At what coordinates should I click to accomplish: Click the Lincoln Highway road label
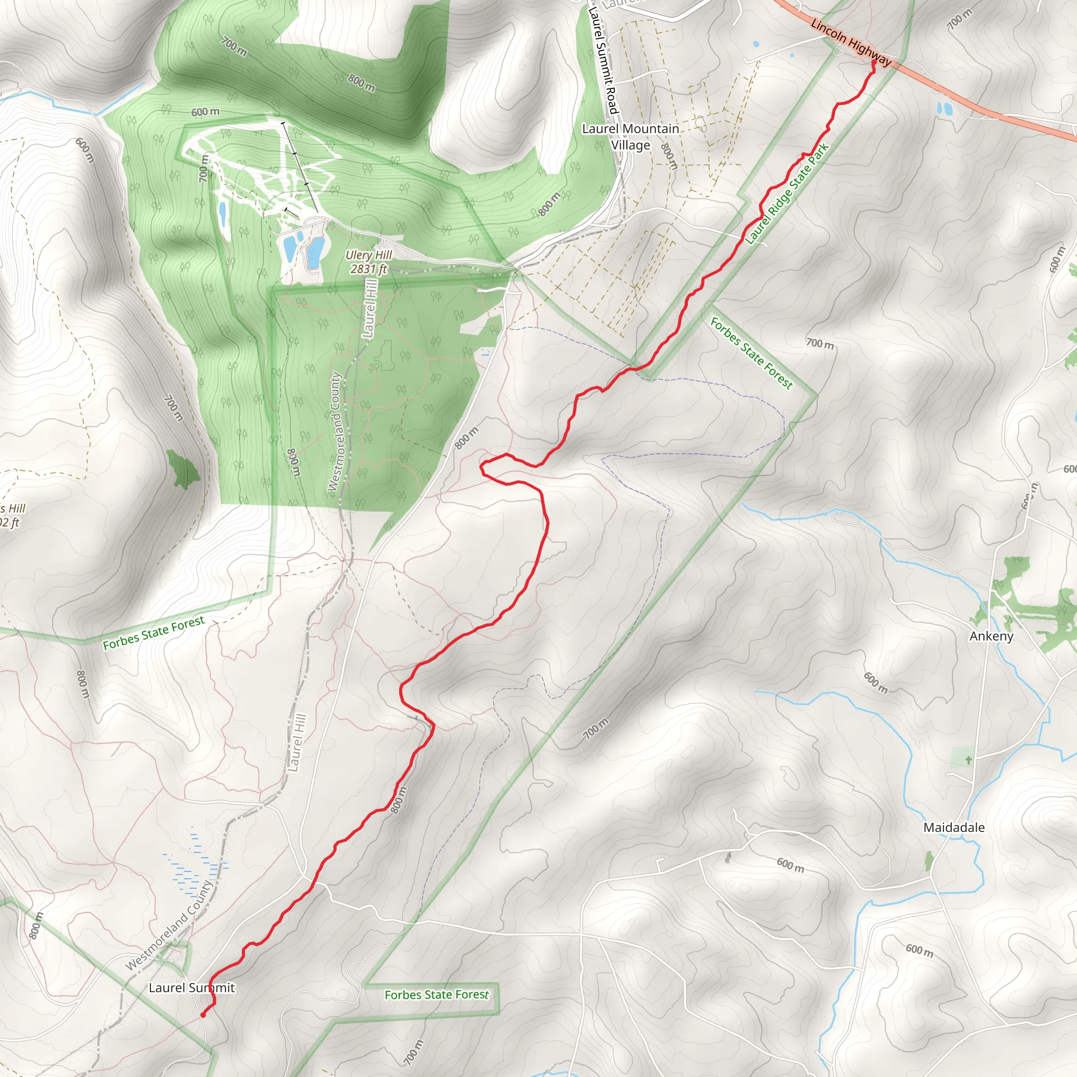[x=851, y=43]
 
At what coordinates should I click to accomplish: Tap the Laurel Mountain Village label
[x=631, y=137]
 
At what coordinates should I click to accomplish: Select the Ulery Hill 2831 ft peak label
[x=369, y=262]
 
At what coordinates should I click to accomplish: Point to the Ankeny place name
[x=991, y=636]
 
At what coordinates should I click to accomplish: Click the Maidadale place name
[x=954, y=827]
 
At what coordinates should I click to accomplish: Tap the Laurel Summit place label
[x=191, y=987]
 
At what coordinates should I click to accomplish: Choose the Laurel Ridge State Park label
[x=787, y=194]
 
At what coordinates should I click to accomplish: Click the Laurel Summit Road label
[x=604, y=60]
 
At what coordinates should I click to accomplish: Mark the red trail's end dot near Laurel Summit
[x=203, y=1015]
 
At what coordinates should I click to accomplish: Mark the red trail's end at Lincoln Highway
[x=873, y=63]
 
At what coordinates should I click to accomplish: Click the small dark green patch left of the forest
[x=182, y=470]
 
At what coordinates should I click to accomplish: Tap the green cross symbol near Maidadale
[x=969, y=759]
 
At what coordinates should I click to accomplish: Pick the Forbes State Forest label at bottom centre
[x=436, y=994]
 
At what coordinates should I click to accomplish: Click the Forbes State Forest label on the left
[x=154, y=633]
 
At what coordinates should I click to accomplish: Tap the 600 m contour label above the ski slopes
[x=205, y=112]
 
